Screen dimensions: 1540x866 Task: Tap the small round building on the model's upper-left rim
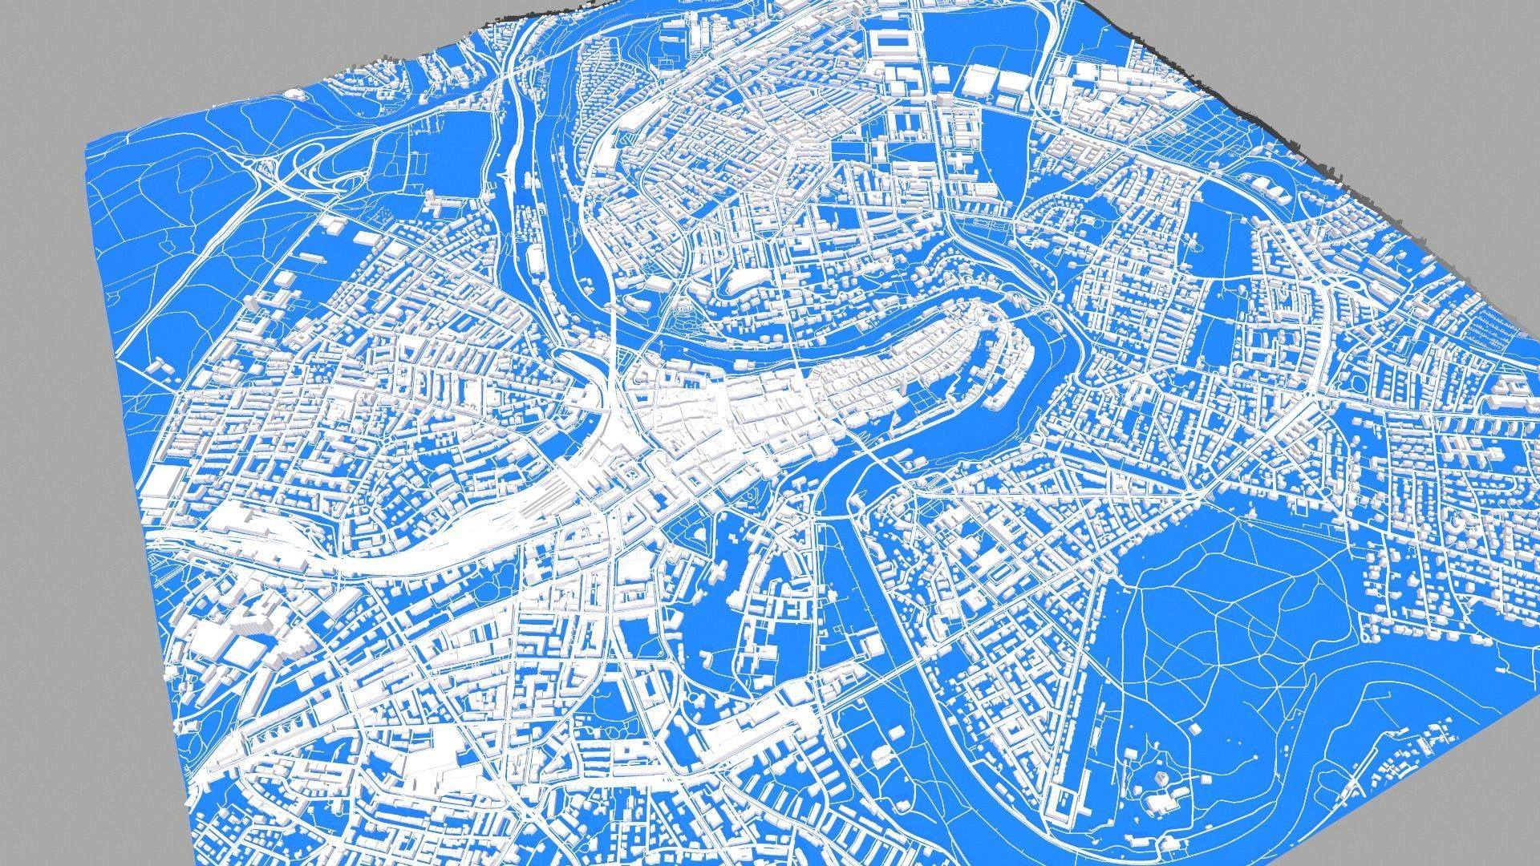click(298, 94)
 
